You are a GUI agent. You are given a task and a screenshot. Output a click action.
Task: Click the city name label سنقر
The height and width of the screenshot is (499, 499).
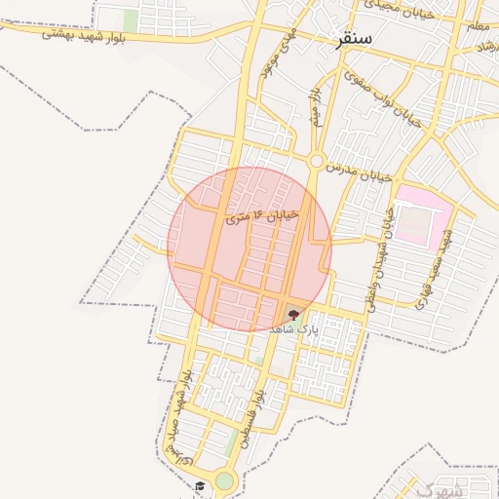coord(353,40)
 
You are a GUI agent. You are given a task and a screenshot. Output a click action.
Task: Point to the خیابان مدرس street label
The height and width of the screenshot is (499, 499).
coord(360,173)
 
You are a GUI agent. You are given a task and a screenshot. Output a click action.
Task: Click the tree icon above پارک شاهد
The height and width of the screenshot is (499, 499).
coord(294,314)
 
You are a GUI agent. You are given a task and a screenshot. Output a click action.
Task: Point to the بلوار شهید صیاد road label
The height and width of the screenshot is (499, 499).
coord(178,414)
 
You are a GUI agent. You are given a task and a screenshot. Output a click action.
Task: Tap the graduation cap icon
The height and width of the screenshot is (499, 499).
coord(199,485)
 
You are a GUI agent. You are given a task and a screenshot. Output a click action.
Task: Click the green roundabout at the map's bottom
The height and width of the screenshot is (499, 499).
coord(225,480)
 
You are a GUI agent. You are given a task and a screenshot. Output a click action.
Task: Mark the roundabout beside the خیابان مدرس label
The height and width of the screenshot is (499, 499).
coord(317,160)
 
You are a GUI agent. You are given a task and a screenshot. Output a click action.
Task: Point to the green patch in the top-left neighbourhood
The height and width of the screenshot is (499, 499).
coord(131,19)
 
